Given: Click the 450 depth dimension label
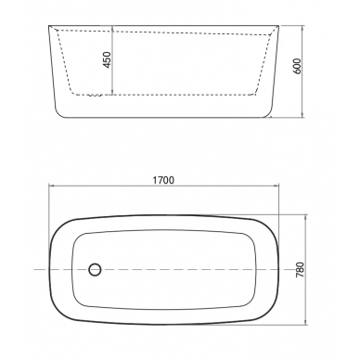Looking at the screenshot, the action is (x=107, y=60).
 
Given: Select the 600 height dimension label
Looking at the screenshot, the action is (x=296, y=66).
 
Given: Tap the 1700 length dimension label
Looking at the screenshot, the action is (x=163, y=180).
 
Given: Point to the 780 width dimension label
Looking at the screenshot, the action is (x=301, y=269).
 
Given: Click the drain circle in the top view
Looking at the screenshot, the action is (x=95, y=269).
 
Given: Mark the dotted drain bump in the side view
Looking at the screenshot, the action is (x=95, y=96).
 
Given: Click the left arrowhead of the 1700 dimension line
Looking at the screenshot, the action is (x=51, y=186).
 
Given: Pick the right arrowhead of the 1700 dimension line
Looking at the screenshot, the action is (x=276, y=186).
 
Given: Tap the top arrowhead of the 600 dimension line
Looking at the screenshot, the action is (x=302, y=28).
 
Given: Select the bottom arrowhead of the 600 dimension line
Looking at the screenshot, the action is (x=302, y=115).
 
